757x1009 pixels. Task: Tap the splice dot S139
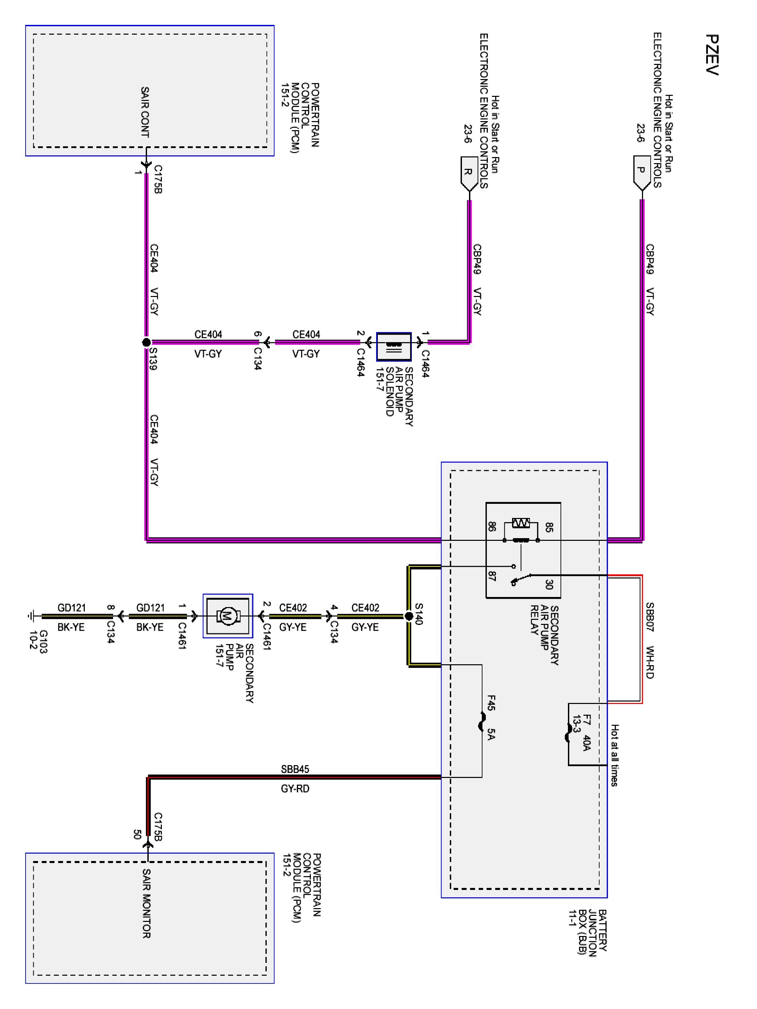click(x=146, y=342)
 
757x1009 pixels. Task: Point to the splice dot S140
click(x=409, y=616)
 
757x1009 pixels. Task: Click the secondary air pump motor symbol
click(x=227, y=616)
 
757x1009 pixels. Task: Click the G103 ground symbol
click(x=31, y=616)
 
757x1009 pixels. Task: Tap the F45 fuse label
click(x=491, y=703)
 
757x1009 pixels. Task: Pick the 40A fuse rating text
click(x=587, y=742)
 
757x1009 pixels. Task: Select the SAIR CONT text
click(x=145, y=112)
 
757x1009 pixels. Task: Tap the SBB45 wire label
click(x=295, y=770)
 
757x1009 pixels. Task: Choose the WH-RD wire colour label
click(x=650, y=662)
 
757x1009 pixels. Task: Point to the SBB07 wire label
click(x=650, y=617)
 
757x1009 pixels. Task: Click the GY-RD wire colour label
click(x=295, y=789)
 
